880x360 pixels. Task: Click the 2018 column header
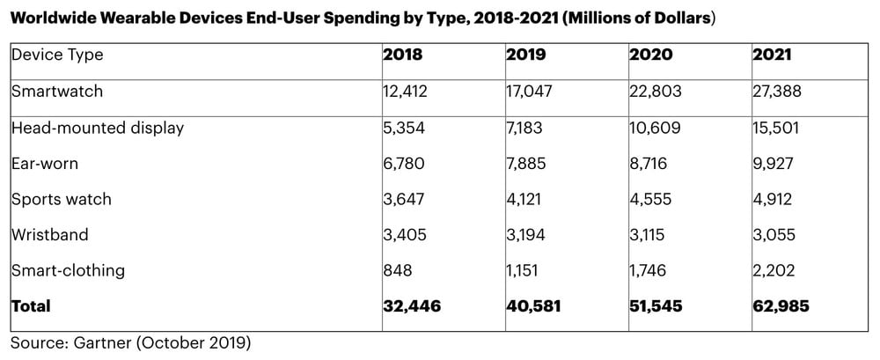[402, 55]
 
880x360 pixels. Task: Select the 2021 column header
[772, 55]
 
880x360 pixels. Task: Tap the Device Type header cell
[57, 55]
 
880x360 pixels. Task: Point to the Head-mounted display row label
[98, 128]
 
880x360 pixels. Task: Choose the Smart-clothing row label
[68, 270]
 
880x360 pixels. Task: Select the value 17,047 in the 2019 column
[532, 90]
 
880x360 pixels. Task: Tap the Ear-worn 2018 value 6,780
[405, 163]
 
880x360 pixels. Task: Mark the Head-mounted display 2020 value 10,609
[656, 128]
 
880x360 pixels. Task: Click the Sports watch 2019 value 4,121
[526, 199]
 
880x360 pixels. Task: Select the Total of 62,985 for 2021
[781, 306]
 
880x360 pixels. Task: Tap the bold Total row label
[31, 306]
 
